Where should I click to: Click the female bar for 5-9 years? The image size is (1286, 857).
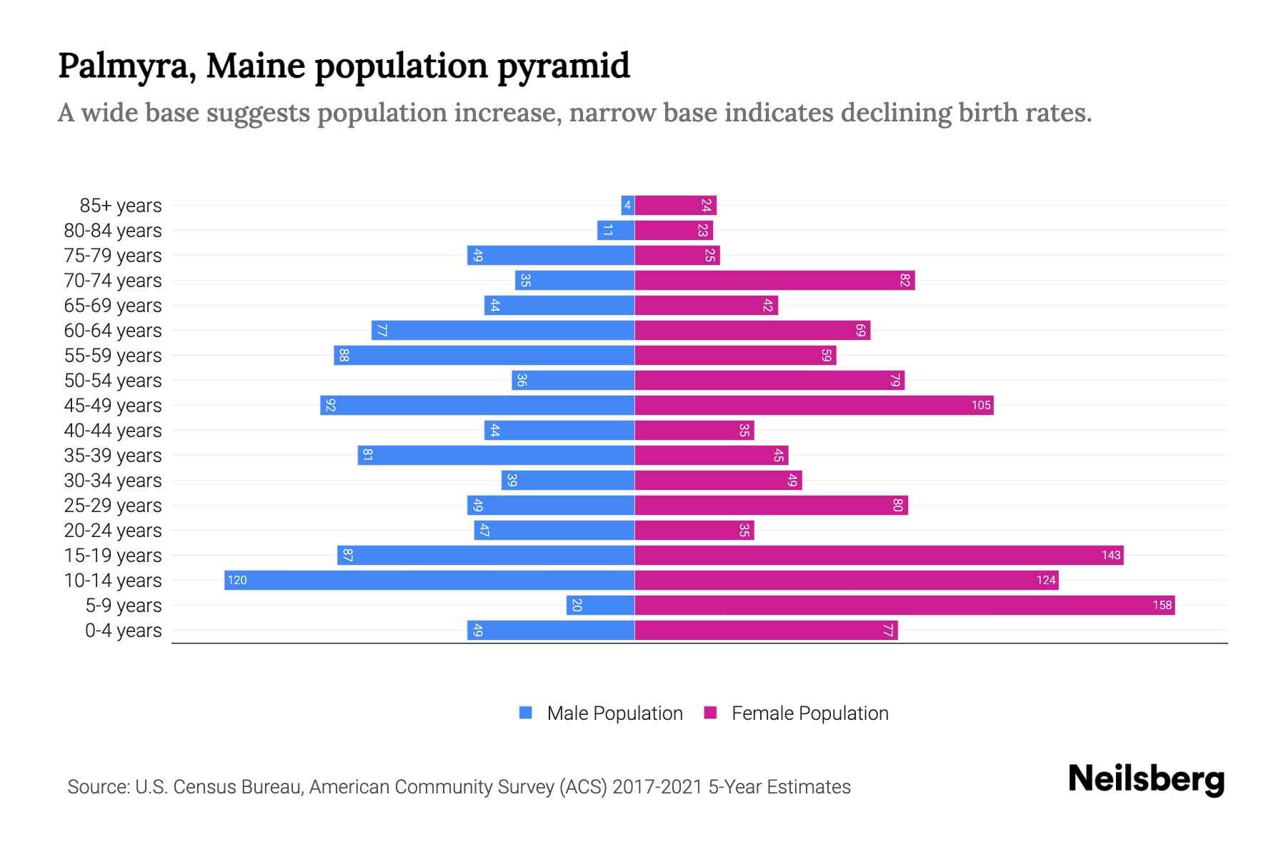pyautogui.click(x=904, y=605)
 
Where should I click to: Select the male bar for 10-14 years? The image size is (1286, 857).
pyautogui.click(x=429, y=580)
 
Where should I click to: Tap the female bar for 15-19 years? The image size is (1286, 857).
pyautogui.click(x=879, y=555)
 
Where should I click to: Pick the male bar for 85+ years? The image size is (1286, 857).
pyautogui.click(x=628, y=206)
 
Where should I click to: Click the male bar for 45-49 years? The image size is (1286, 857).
pyautogui.click(x=477, y=405)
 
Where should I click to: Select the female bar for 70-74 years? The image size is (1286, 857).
pyautogui.click(x=774, y=280)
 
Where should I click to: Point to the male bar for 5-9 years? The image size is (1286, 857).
pyautogui.click(x=600, y=605)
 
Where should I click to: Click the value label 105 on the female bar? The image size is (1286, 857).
pyautogui.click(x=980, y=406)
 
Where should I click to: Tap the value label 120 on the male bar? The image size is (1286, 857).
pyautogui.click(x=237, y=581)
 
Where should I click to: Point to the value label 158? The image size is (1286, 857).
pyautogui.click(x=1162, y=606)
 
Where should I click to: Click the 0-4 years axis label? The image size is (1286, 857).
pyautogui.click(x=123, y=631)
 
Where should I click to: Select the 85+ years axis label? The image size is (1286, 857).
pyautogui.click(x=120, y=206)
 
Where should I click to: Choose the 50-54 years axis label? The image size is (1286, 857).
pyautogui.click(x=113, y=381)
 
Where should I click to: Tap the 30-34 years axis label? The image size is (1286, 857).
pyautogui.click(x=113, y=481)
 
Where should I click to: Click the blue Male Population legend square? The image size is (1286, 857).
pyautogui.click(x=526, y=713)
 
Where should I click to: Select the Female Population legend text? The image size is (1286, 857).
pyautogui.click(x=809, y=713)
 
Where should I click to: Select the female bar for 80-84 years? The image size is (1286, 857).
pyautogui.click(x=674, y=230)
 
